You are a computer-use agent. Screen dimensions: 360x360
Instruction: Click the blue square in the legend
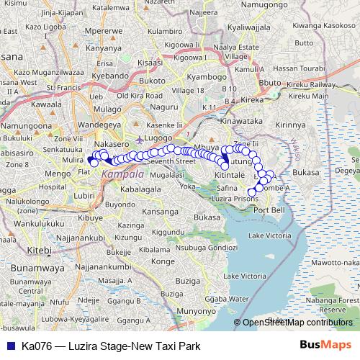(x=10, y=344)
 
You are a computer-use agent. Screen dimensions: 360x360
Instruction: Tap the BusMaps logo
(x=325, y=343)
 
